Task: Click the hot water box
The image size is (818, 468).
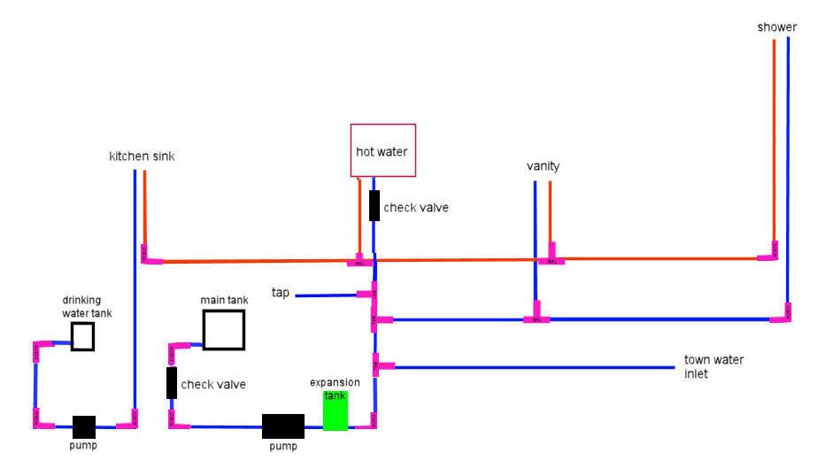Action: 382,150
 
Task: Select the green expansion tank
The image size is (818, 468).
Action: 336,410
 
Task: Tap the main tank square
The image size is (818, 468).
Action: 223,329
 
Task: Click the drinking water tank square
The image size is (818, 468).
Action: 82,336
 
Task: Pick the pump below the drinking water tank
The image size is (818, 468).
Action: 83,426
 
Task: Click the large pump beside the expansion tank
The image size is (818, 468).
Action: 283,426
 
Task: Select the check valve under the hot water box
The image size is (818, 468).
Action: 374,205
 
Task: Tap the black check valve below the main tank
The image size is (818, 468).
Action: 171,382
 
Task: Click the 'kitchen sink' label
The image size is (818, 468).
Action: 142,157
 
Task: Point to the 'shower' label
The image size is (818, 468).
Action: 776,27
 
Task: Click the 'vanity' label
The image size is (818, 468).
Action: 543,166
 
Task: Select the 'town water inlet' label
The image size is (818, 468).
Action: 714,366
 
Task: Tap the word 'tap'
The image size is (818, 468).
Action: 281,293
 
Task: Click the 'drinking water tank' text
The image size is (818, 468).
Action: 87,307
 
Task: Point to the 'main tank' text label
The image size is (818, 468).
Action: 224,300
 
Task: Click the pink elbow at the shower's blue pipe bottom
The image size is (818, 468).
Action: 782,313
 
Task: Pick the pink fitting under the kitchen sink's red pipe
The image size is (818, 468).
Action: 149,256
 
